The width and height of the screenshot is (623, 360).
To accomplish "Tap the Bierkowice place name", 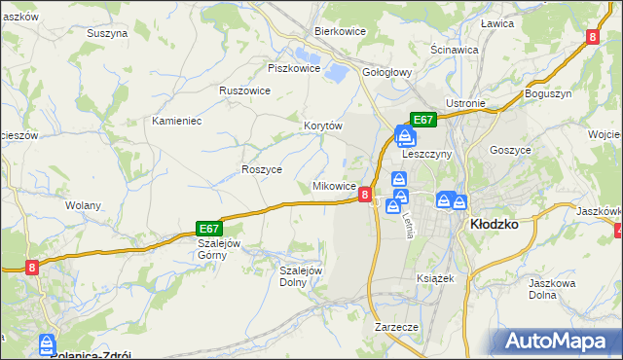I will [x=340, y=31].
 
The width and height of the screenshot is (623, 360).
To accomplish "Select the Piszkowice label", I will [x=294, y=68].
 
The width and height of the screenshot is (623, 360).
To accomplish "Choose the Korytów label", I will [x=323, y=126].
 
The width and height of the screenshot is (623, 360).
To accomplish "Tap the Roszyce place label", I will [x=262, y=168].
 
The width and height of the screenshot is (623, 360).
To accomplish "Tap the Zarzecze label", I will [x=396, y=327].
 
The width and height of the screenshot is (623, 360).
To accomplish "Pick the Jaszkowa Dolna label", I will [x=548, y=289].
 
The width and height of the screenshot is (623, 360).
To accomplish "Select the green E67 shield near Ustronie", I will [x=422, y=120].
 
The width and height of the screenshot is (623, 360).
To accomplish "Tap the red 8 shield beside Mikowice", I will [x=364, y=195].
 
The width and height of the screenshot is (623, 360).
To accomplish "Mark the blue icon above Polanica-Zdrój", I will [x=47, y=343].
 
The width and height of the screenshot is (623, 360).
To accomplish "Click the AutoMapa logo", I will [x=561, y=342].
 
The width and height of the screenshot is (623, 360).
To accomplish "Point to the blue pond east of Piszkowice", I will [x=337, y=71].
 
